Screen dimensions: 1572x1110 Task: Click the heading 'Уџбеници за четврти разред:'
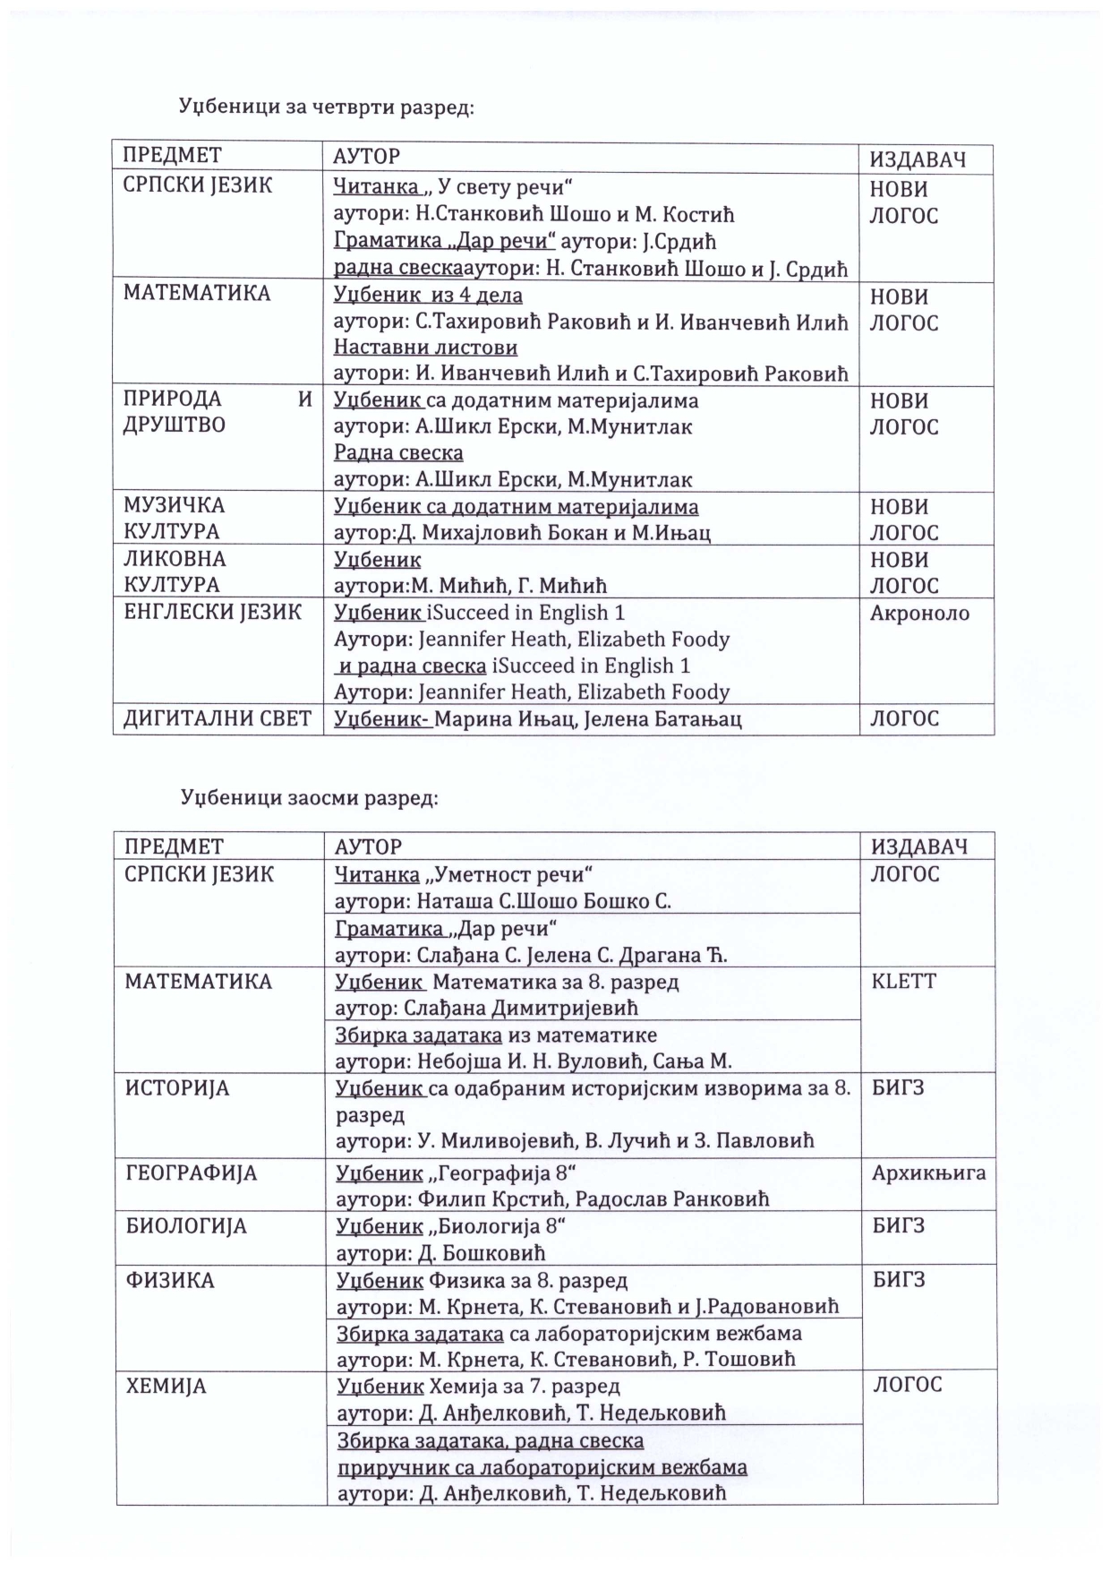(x=326, y=107)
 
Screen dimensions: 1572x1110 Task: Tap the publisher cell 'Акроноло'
(x=919, y=614)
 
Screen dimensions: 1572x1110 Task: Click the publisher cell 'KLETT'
(x=903, y=981)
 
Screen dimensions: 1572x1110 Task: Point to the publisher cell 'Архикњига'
(x=928, y=1173)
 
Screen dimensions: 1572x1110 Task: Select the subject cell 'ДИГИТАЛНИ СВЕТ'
(x=217, y=718)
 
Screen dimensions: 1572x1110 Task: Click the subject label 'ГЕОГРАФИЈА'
(x=191, y=1173)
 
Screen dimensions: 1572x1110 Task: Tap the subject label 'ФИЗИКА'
(x=170, y=1280)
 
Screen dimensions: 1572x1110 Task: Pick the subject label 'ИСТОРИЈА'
(x=177, y=1088)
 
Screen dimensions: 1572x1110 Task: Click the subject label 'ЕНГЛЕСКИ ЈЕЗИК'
(x=212, y=613)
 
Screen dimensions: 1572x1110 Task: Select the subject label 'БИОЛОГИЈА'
(x=186, y=1226)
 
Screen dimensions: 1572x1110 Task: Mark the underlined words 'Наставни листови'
(x=425, y=347)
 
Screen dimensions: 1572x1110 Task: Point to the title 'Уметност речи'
(x=514, y=874)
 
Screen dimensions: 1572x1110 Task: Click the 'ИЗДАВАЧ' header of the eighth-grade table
(x=919, y=846)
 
